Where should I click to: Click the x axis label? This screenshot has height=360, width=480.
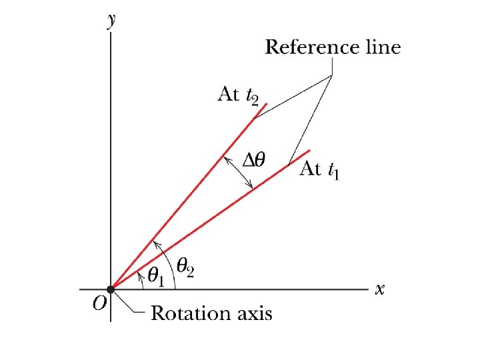[x=380, y=289]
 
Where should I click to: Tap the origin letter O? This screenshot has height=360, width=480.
[x=99, y=304]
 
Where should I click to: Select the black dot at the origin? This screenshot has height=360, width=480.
[x=111, y=289]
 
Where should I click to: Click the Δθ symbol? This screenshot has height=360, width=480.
[x=254, y=159]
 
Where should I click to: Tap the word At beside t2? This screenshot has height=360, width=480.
[x=229, y=95]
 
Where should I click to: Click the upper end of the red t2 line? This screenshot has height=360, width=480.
[x=267, y=104]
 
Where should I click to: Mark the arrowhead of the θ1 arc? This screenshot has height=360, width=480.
[x=138, y=273]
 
